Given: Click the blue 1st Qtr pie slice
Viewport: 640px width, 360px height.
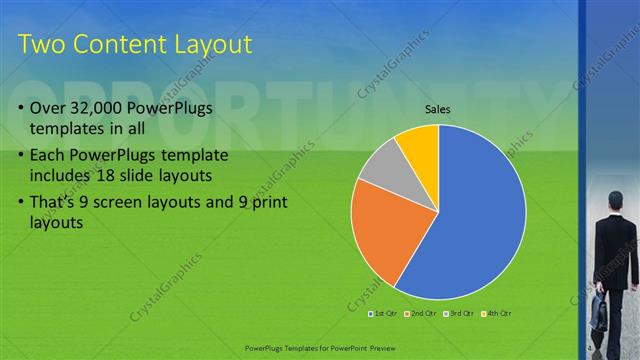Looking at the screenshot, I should pyautogui.click(x=480, y=220).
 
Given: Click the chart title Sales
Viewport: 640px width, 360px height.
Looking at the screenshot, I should pyautogui.click(x=438, y=108).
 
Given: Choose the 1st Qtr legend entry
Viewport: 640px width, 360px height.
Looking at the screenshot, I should pyautogui.click(x=385, y=315).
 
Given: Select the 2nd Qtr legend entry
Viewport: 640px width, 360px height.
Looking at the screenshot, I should pyautogui.click(x=423, y=315).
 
